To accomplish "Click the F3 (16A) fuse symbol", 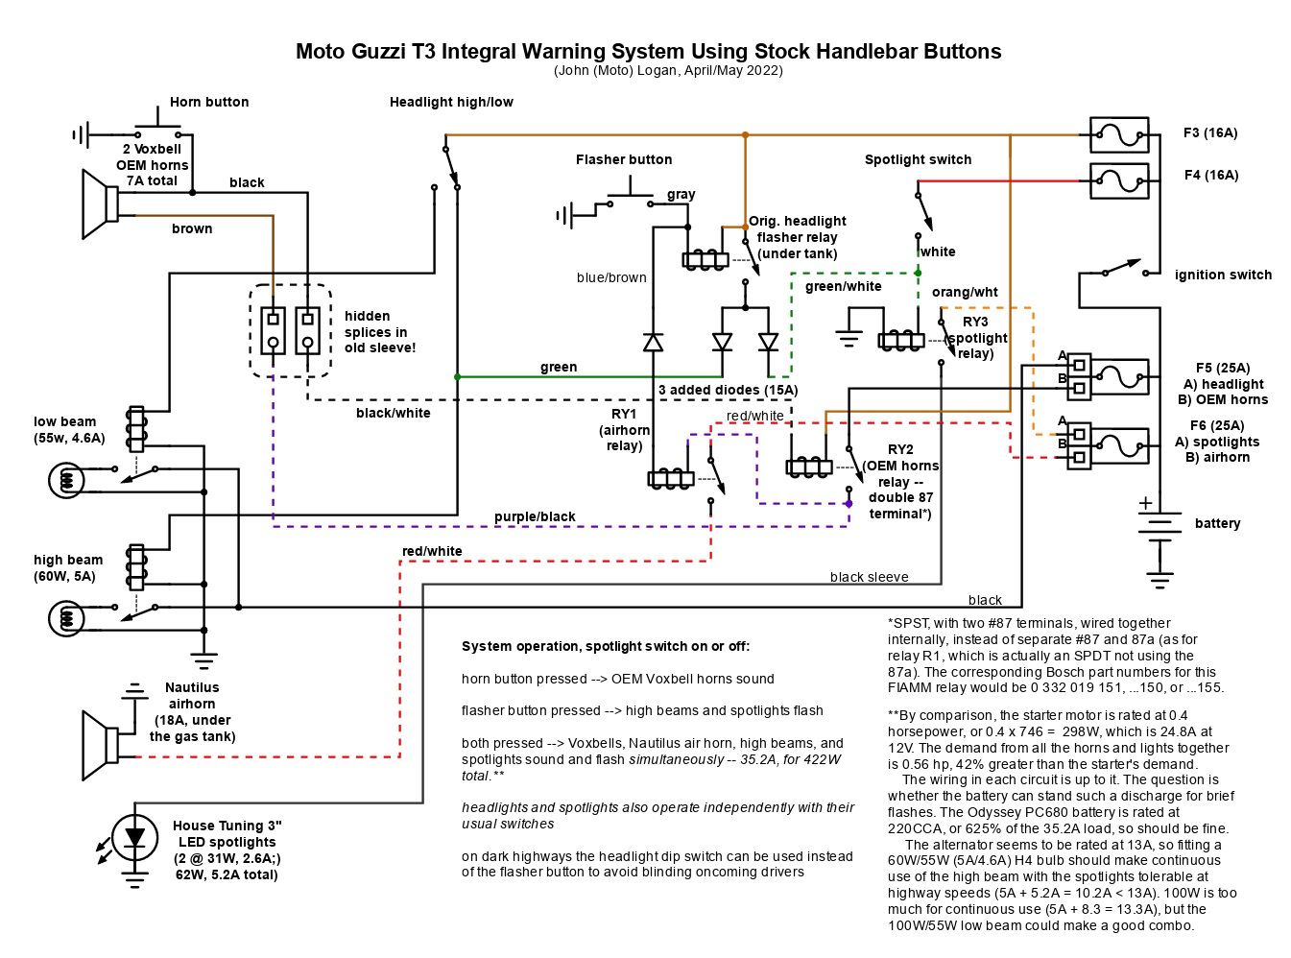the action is pyautogui.click(x=1118, y=134).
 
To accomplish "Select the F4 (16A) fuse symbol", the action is pyautogui.click(x=1118, y=180).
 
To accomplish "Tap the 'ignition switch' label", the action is pyautogui.click(x=1222, y=275).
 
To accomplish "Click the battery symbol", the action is pyautogui.click(x=1159, y=527).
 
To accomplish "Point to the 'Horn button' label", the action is pyautogui.click(x=209, y=102).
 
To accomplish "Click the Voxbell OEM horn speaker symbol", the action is pyautogui.click(x=101, y=204).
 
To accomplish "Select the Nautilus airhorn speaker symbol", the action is pyautogui.click(x=101, y=745).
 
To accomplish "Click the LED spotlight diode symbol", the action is pyautogui.click(x=134, y=838).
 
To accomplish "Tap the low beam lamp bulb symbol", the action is pyautogui.click(x=66, y=481).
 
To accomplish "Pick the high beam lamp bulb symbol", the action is pyautogui.click(x=66, y=618).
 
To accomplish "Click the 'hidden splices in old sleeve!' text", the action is pyautogui.click(x=379, y=332).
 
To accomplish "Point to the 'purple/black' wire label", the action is pyautogui.click(x=535, y=516).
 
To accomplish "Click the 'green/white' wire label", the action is pyautogui.click(x=843, y=286).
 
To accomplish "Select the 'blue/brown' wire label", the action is pyautogui.click(x=611, y=277).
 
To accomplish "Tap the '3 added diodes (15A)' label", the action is pyautogui.click(x=728, y=390).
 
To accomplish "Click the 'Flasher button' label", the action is pyautogui.click(x=623, y=159).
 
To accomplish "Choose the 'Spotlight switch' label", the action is pyautogui.click(x=918, y=159).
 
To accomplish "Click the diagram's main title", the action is pyautogui.click(x=649, y=51).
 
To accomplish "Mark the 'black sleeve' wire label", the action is pyautogui.click(x=869, y=577).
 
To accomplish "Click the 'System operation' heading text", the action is pyautogui.click(x=606, y=646).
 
